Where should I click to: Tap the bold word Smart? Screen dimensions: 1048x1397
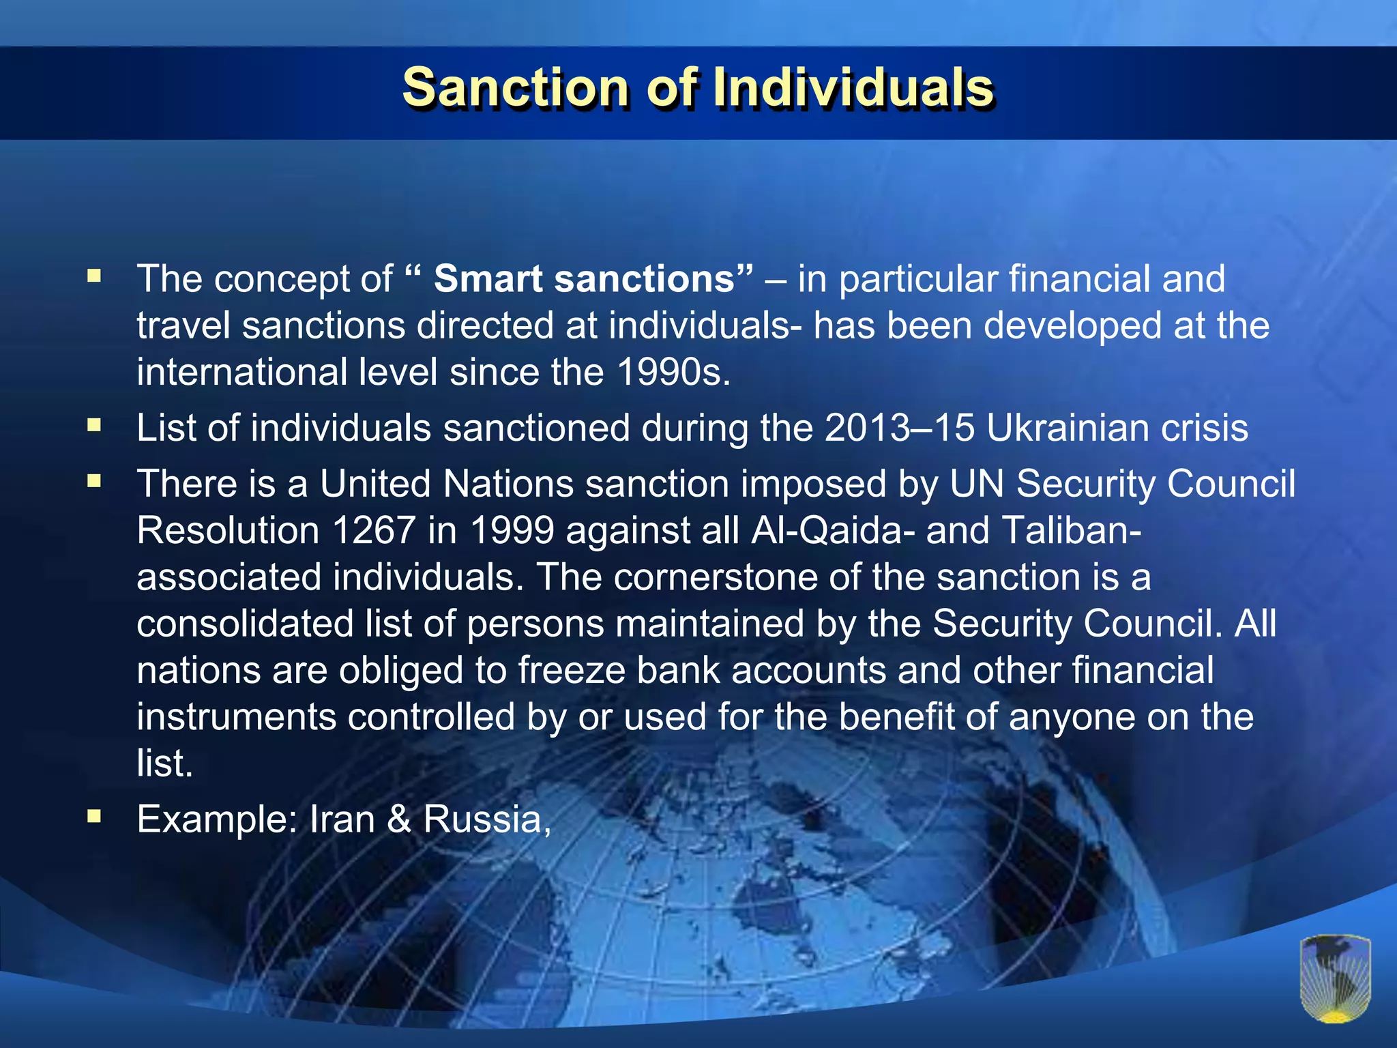[x=488, y=279]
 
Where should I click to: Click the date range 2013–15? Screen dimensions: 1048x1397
[x=899, y=428]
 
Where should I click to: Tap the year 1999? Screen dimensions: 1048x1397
[x=512, y=530]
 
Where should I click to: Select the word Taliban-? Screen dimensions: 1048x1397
[x=1071, y=530]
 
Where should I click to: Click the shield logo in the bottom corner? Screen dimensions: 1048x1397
[x=1335, y=978]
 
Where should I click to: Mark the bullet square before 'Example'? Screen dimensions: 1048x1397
[x=94, y=815]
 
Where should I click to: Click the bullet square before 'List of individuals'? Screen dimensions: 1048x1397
[x=94, y=426]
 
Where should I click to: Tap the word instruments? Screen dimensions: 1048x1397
[x=236, y=717]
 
